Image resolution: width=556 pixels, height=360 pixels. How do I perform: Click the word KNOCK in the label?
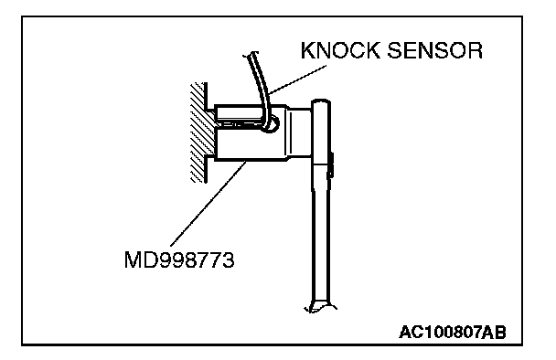point(340,50)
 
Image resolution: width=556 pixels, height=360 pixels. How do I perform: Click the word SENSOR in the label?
point(434,50)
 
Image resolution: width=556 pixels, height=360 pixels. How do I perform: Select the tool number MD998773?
point(179,260)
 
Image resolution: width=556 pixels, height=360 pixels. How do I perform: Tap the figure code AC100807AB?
point(453,333)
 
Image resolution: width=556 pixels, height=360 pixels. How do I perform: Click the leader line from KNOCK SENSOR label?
point(297,79)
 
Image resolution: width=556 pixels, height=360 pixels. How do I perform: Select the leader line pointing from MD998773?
point(208,204)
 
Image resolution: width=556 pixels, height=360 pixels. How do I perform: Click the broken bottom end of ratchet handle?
point(320,308)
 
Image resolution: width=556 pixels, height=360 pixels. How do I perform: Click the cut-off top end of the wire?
point(251,54)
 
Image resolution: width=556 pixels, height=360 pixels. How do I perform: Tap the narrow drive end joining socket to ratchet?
point(302,132)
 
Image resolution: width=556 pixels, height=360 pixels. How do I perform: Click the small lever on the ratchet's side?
point(331,165)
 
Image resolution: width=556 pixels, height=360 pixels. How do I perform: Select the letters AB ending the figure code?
point(495,333)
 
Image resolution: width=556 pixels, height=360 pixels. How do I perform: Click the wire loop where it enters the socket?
point(271,124)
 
